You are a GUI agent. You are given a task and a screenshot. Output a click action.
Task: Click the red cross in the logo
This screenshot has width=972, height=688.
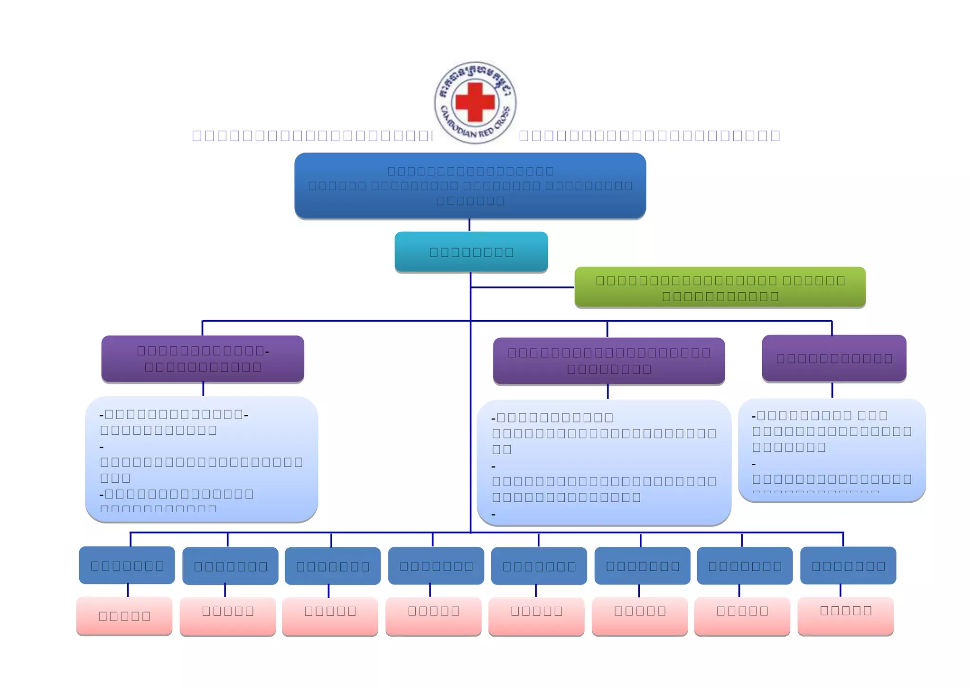(x=475, y=102)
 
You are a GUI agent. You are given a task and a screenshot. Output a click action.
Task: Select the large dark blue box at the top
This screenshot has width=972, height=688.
(x=470, y=186)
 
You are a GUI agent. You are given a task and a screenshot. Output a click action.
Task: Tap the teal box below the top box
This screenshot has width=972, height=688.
(x=471, y=252)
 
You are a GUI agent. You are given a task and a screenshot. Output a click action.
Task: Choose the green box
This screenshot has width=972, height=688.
(x=720, y=287)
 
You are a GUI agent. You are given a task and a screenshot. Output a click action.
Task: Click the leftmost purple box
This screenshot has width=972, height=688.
(x=203, y=359)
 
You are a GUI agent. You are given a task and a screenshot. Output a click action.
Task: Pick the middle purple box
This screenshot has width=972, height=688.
(x=609, y=361)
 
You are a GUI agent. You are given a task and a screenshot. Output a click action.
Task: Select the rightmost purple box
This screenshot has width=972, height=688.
(x=834, y=358)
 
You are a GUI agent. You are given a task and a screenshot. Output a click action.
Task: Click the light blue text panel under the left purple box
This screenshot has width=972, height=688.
(x=201, y=459)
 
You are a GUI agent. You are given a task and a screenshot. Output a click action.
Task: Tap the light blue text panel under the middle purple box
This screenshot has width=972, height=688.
(x=604, y=462)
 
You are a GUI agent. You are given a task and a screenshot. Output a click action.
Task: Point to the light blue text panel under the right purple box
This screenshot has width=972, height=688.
(x=832, y=449)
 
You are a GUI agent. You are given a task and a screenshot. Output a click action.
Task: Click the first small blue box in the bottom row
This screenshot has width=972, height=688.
(x=127, y=565)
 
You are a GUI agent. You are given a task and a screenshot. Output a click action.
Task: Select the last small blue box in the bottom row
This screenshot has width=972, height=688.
(x=848, y=565)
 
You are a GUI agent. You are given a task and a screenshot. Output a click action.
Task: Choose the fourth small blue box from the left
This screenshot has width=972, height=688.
(x=436, y=565)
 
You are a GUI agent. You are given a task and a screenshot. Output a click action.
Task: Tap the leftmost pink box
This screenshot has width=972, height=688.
(x=124, y=616)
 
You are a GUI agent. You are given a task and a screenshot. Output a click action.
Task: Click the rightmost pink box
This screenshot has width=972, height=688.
(x=846, y=615)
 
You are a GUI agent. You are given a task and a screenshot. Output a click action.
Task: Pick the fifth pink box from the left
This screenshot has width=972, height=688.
(x=536, y=616)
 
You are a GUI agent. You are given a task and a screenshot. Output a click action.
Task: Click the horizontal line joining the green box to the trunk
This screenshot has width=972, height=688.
(x=522, y=287)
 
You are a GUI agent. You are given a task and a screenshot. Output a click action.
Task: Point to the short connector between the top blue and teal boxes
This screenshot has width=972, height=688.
(x=469, y=225)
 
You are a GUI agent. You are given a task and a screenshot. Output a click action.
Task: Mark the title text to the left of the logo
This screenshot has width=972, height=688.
(x=312, y=135)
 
